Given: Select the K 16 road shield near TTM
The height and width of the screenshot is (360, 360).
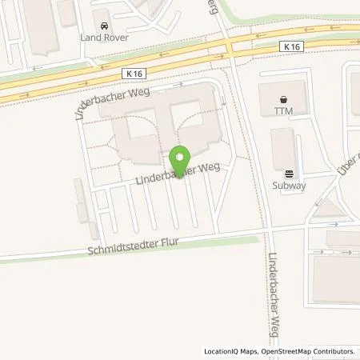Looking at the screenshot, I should [x=291, y=47].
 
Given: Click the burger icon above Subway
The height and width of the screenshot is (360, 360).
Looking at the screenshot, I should [x=289, y=171].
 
